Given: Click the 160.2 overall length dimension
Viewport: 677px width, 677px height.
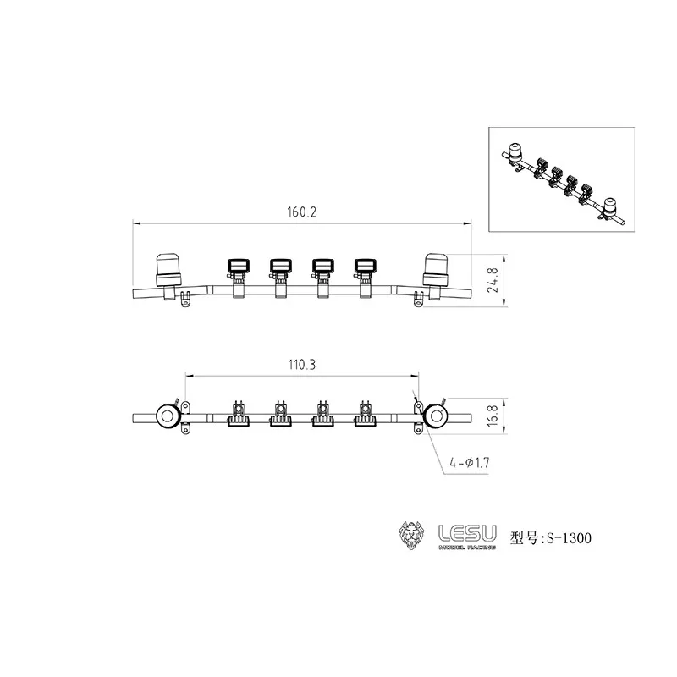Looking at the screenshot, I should (x=302, y=213).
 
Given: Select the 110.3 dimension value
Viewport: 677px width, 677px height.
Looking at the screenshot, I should (x=302, y=365).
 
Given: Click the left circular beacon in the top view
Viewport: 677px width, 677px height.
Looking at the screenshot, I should (x=166, y=416).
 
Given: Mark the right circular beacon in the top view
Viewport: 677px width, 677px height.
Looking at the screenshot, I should (x=437, y=416).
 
